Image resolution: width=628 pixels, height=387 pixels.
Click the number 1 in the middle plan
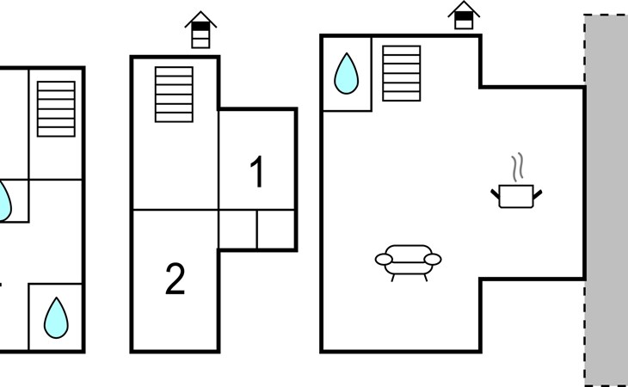(x=256, y=171)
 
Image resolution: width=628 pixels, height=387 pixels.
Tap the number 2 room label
(x=175, y=279)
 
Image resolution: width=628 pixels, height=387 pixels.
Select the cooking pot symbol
(x=516, y=196)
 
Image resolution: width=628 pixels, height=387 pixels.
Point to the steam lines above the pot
(x=518, y=168)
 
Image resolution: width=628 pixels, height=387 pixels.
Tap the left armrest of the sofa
(x=384, y=260)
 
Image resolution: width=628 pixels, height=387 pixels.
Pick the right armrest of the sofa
(x=433, y=260)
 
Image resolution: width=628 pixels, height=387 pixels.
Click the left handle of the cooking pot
(x=496, y=194)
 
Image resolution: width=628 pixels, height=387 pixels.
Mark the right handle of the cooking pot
(x=537, y=194)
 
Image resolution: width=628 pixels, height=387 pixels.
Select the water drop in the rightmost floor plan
(x=347, y=74)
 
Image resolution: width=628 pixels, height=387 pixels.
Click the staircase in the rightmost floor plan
(x=401, y=73)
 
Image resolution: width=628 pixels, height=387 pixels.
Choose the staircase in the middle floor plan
(x=175, y=95)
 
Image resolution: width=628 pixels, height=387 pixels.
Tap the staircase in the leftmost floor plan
(x=56, y=109)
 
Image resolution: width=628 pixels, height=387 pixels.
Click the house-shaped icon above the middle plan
(x=200, y=29)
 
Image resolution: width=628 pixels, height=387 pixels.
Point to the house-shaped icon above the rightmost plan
(x=464, y=15)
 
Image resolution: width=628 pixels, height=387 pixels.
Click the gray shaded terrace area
(x=606, y=200)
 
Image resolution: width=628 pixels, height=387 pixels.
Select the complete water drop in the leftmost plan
(x=56, y=317)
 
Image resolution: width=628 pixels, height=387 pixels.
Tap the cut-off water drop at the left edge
(x=5, y=201)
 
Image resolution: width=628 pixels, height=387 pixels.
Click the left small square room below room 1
(x=238, y=230)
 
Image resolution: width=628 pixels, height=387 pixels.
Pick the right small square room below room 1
(x=276, y=230)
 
